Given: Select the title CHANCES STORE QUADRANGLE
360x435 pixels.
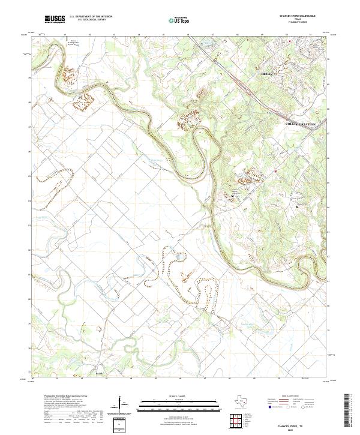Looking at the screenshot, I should (x=297, y=16).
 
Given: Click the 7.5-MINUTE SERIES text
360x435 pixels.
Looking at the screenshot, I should (x=297, y=23).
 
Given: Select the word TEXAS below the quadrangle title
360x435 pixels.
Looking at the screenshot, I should (x=297, y=19).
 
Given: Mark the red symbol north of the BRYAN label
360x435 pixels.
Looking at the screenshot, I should (x=290, y=41).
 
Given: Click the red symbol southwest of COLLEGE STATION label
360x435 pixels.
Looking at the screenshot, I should (x=275, y=171).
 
